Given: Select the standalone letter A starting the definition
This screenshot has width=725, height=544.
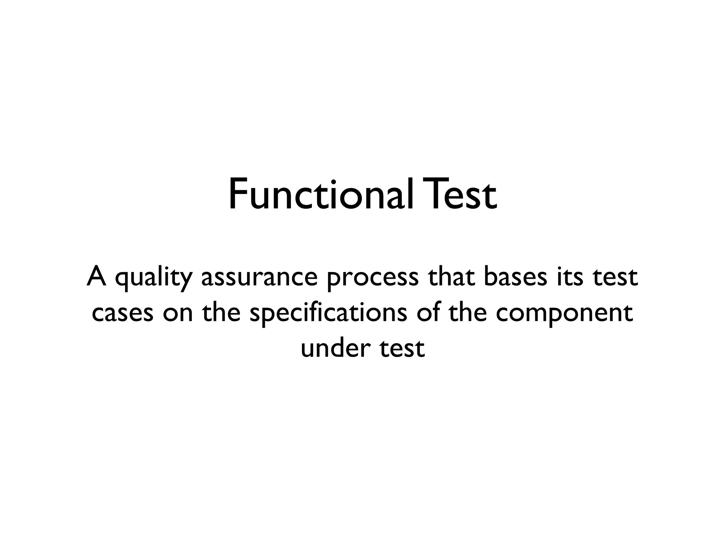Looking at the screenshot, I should pyautogui.click(x=97, y=277).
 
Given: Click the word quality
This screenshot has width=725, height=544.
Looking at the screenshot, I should pyautogui.click(x=153, y=278).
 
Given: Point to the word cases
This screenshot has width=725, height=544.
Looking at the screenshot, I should pyautogui.click(x=122, y=314).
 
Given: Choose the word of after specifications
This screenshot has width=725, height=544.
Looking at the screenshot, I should pyautogui.click(x=427, y=313).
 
